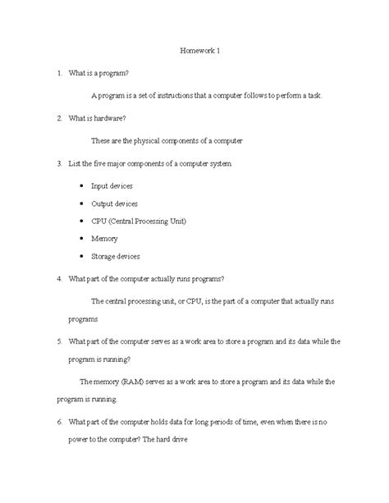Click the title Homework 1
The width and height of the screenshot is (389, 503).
pyautogui.click(x=200, y=52)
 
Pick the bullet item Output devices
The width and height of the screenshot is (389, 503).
pyautogui.click(x=114, y=203)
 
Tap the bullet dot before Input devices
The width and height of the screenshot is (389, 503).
pyautogui.click(x=80, y=186)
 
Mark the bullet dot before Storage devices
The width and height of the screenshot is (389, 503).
pyautogui.click(x=80, y=256)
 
